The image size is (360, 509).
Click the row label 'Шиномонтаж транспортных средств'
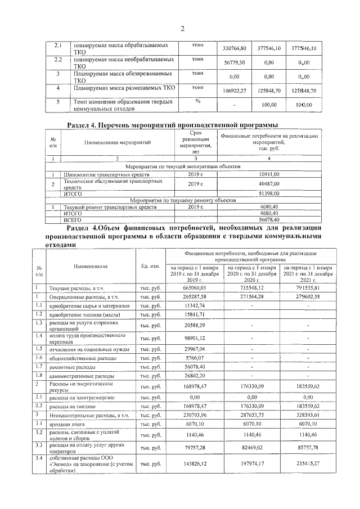pyautogui.click(x=99, y=175)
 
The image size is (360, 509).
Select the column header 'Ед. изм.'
pyautogui.click(x=150, y=265)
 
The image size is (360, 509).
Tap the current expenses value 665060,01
pyautogui.click(x=195, y=287)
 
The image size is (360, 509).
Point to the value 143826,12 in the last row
pyautogui.click(x=195, y=464)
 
